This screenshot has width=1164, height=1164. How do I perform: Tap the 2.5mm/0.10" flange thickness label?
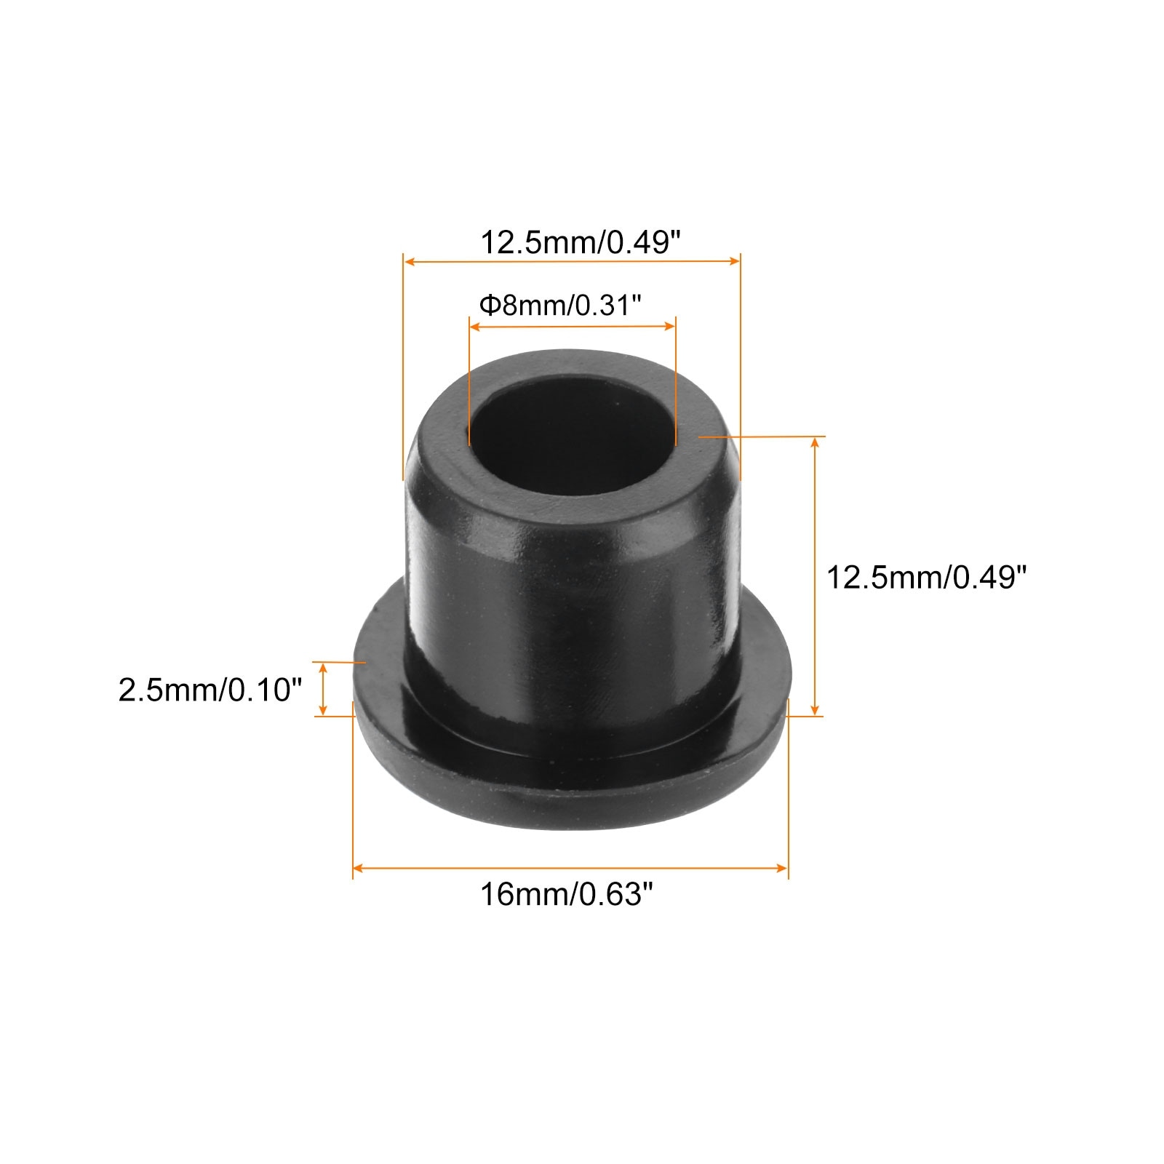(x=210, y=689)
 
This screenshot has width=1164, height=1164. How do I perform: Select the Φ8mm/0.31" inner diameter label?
(x=559, y=306)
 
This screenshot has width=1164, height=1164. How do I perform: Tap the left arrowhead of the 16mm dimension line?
(x=358, y=867)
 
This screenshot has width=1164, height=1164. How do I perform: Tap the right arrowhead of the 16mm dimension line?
(x=783, y=867)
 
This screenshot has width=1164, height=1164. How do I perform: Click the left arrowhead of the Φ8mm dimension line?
(x=475, y=328)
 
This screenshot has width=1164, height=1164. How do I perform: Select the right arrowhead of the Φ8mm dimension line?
(x=670, y=328)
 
